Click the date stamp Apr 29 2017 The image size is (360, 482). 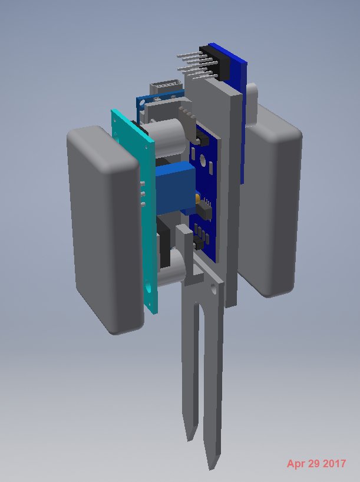(x=316, y=463)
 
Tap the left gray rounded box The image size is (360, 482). (x=104, y=229)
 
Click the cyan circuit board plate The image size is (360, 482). (x=136, y=209)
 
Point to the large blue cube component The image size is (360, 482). (x=175, y=187)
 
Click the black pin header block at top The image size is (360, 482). (x=215, y=63)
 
